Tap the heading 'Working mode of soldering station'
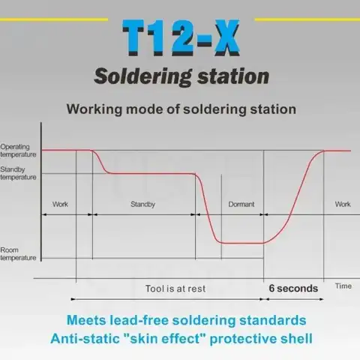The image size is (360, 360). pos(181,109)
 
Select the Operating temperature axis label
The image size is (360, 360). pos(18,150)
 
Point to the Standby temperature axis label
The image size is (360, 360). pos(18,174)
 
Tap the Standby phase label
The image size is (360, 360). pos(142,204)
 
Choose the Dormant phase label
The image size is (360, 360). pos(241,204)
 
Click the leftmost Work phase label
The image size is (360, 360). pos(61,204)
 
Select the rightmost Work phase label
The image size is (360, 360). pos(342,204)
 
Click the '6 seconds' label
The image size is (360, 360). pos(293,288)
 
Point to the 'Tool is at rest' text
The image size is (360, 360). pos(175,288)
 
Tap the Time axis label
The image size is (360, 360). pos(343,286)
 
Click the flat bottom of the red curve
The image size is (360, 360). pos(240,242)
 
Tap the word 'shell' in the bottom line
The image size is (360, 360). pos(292,338)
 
